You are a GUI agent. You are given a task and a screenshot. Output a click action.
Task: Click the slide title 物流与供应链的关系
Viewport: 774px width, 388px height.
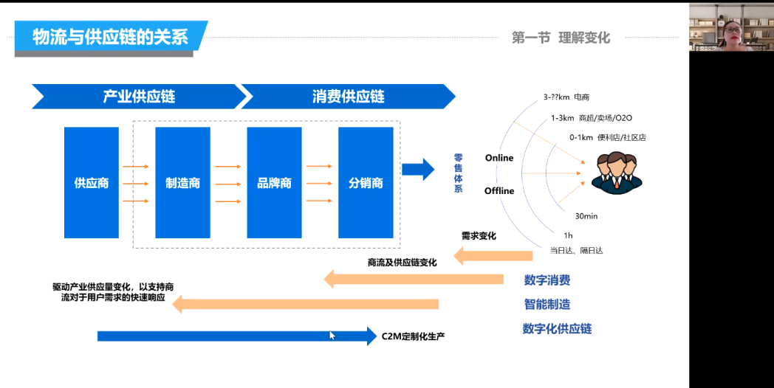click(x=110, y=37)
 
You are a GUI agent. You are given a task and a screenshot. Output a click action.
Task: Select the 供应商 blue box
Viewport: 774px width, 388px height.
click(x=92, y=183)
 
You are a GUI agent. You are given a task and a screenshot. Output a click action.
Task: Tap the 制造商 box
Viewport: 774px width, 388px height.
click(x=182, y=183)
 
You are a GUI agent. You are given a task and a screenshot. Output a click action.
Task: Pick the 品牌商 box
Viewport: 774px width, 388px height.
click(x=274, y=183)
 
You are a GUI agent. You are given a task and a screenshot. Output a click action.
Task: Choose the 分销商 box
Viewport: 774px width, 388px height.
click(x=366, y=183)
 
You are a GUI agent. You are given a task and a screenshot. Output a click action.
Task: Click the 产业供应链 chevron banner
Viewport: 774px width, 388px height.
click(x=138, y=97)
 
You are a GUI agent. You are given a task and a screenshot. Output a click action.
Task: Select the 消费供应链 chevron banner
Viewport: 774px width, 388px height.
click(x=348, y=97)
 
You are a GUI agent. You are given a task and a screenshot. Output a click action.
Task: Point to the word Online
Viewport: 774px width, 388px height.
click(x=499, y=158)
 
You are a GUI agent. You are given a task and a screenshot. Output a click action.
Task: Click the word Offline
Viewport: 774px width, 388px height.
click(x=499, y=191)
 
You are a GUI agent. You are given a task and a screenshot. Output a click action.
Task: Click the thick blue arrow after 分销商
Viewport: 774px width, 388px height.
click(x=417, y=169)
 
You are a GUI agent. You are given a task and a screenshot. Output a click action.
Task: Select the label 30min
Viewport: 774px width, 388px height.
click(x=586, y=216)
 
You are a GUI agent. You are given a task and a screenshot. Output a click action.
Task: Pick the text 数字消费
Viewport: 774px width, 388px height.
click(x=547, y=280)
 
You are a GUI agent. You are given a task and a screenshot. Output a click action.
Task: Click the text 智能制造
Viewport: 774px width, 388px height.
click(x=547, y=304)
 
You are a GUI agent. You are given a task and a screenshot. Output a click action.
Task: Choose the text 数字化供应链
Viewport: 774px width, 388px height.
click(x=557, y=328)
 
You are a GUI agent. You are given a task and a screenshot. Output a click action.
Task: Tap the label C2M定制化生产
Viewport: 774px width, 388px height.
click(x=413, y=336)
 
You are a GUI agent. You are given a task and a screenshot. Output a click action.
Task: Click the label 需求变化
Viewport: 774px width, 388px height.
click(x=479, y=236)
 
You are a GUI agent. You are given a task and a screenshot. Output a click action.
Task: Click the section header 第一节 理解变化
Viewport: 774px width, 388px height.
click(x=561, y=38)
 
